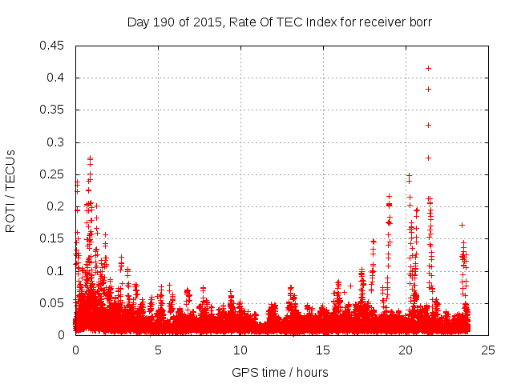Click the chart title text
tap(280, 22)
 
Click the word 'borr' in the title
tap(420, 22)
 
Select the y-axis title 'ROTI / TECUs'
tap(10, 190)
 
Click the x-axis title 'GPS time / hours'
tap(280, 373)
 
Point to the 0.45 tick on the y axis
tap(54, 46)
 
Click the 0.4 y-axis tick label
tap(57, 78)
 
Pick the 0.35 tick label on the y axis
tap(54, 110)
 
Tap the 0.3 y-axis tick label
tap(57, 142)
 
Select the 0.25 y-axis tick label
tap(54, 174)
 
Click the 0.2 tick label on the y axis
tap(57, 206)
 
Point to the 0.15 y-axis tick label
tap(54, 238)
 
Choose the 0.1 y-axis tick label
tap(57, 270)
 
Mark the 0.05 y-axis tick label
tap(54, 302)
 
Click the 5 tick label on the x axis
tap(158, 350)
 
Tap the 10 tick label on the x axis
tap(240, 350)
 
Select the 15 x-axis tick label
tap(323, 350)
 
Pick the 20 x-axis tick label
tap(406, 350)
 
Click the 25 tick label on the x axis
tap(488, 350)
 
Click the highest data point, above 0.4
tap(429, 68)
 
